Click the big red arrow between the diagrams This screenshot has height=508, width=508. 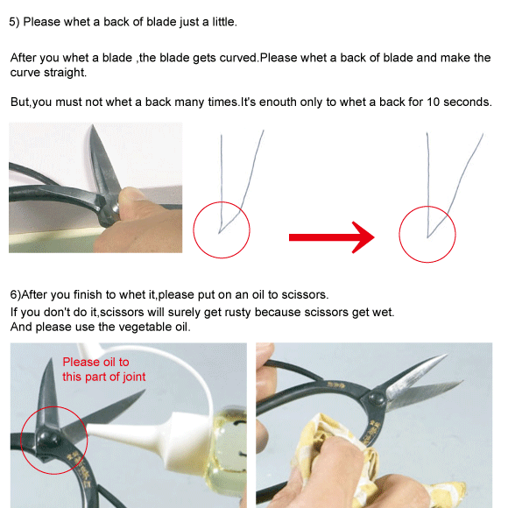(x=331, y=237)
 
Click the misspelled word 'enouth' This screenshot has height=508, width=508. (x=278, y=102)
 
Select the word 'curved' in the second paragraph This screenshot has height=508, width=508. (x=238, y=58)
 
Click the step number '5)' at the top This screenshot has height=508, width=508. (x=14, y=22)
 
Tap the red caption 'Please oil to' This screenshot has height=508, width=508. (x=95, y=362)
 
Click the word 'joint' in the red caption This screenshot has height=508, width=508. (x=133, y=377)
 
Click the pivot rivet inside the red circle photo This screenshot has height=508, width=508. (x=48, y=439)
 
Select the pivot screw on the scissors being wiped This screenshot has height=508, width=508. (x=375, y=399)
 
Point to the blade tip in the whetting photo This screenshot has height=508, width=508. (x=93, y=126)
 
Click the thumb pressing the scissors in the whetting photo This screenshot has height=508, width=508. (x=133, y=201)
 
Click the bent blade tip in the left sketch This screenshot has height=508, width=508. (x=219, y=232)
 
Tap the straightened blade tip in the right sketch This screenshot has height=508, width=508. (x=427, y=236)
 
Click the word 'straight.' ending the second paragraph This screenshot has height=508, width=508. (x=65, y=73)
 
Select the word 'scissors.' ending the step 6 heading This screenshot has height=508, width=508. (x=305, y=295)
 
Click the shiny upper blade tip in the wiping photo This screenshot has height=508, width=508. (x=446, y=356)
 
